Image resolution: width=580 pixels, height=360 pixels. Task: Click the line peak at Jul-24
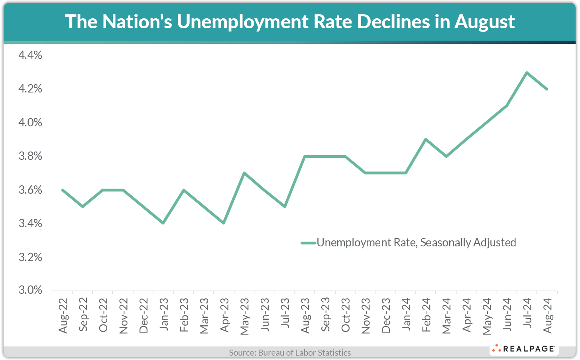(x=527, y=73)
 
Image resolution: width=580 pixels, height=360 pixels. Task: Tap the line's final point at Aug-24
(x=547, y=89)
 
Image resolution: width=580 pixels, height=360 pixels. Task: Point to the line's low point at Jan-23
(x=163, y=223)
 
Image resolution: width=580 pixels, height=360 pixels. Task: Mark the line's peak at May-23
(x=244, y=173)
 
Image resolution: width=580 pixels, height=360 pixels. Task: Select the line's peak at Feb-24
(x=426, y=139)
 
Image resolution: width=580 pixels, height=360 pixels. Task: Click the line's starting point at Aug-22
(x=63, y=190)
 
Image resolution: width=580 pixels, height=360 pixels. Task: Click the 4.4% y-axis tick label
(x=30, y=55)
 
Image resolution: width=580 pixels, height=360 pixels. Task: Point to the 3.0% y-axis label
(x=30, y=290)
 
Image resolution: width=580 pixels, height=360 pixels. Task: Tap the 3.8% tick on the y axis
(x=30, y=156)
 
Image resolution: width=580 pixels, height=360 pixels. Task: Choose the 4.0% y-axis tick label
(x=30, y=122)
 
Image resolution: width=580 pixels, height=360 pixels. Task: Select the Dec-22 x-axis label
(x=144, y=315)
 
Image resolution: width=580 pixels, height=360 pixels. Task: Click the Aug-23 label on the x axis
(x=305, y=315)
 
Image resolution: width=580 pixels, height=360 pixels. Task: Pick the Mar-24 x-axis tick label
(x=446, y=315)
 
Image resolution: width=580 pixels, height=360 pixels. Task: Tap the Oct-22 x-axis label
(x=103, y=315)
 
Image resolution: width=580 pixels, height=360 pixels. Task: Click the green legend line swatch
(x=308, y=242)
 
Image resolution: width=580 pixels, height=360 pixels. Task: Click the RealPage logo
(x=524, y=349)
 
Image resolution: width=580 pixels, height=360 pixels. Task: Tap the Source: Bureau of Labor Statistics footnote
(x=290, y=352)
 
